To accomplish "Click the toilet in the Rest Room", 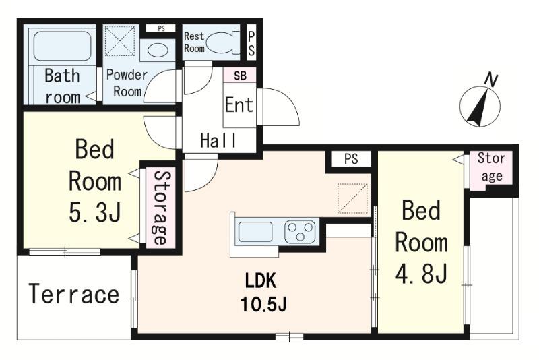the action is (224, 42).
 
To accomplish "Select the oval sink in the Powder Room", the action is (158, 50).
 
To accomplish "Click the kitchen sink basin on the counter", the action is (255, 231).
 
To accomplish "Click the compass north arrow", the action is (480, 107).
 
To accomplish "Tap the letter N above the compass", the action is (491, 80).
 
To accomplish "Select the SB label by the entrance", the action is (240, 76).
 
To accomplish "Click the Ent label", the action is (239, 104).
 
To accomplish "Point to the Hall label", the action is (218, 140).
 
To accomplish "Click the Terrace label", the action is (74, 294).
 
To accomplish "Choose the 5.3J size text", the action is (95, 212).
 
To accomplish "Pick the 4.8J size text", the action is (421, 272).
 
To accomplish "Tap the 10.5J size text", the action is (263, 304).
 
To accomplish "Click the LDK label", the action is (260, 281).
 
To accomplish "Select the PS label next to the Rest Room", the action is (251, 44).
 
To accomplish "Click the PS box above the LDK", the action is (351, 159).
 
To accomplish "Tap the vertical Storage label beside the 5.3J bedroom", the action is (160, 208).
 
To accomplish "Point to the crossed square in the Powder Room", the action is (119, 40).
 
